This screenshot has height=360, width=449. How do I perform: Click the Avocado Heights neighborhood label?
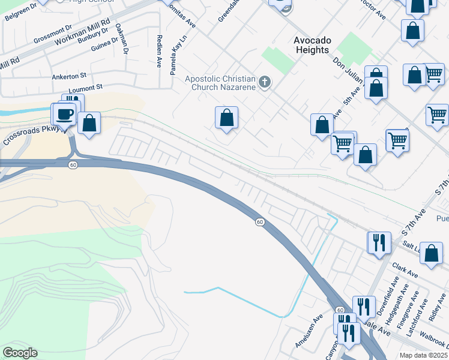click(x=312, y=45)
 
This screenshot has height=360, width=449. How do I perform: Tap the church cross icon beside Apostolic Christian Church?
click(x=265, y=81)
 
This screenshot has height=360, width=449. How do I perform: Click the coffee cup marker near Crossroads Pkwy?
click(x=65, y=114)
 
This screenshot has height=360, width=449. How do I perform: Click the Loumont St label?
click(x=82, y=88)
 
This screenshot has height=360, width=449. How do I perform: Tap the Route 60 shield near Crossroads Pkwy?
click(x=72, y=164)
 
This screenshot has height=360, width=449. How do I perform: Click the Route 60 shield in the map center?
click(x=259, y=222)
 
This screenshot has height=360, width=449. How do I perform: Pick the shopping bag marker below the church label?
click(x=227, y=118)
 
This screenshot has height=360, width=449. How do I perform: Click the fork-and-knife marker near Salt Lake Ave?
click(x=379, y=242)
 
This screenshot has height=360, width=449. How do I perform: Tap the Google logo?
click(x=20, y=353)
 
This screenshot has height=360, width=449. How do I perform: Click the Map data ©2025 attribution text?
click(x=424, y=355)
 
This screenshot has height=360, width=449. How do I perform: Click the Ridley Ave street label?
click(x=433, y=306)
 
